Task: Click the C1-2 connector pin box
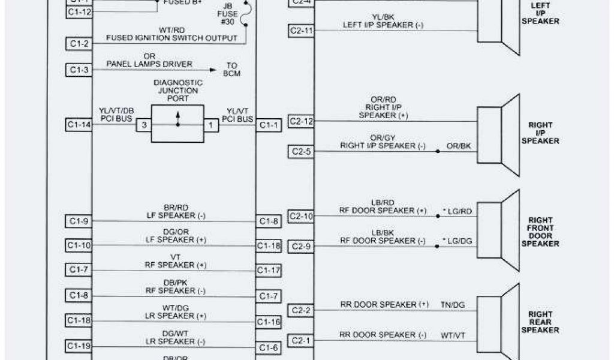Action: click(x=79, y=43)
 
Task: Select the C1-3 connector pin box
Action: click(x=79, y=70)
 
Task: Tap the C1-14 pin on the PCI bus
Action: click(x=79, y=125)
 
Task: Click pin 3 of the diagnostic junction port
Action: click(x=144, y=125)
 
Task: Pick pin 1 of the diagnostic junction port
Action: click(x=211, y=125)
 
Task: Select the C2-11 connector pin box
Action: click(x=300, y=30)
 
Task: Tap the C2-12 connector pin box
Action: click(x=300, y=121)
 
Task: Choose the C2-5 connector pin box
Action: click(x=300, y=152)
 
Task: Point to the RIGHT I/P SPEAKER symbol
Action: click(x=498, y=136)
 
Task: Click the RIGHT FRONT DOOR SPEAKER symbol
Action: click(x=498, y=229)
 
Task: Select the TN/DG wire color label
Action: click(x=452, y=305)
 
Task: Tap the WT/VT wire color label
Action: click(x=453, y=335)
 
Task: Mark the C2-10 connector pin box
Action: click(x=300, y=217)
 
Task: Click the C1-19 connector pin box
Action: click(x=79, y=346)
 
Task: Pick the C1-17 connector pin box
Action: click(x=269, y=271)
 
